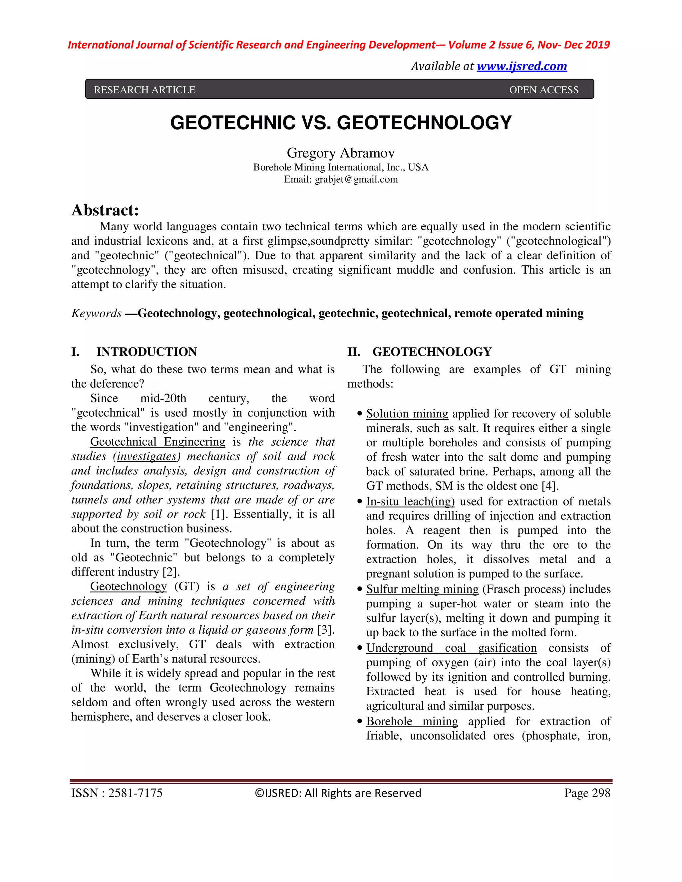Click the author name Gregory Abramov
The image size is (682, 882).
(x=341, y=153)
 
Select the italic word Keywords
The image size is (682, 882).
(x=97, y=314)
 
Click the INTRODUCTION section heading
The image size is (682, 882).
(x=147, y=352)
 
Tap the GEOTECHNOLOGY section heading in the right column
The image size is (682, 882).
(x=432, y=352)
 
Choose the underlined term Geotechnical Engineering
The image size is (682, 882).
(x=158, y=441)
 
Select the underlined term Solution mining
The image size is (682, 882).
(x=407, y=413)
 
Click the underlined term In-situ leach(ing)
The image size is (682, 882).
(x=411, y=501)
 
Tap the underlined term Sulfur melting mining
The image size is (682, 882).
(x=422, y=589)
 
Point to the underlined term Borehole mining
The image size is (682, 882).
(x=412, y=721)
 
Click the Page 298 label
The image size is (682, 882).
(x=587, y=793)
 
